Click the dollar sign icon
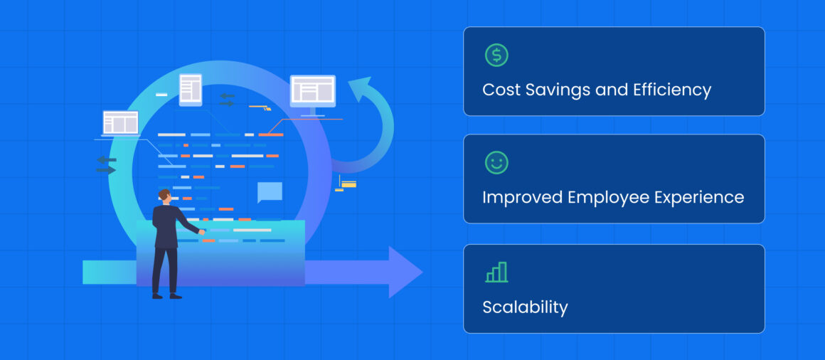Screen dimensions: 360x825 (496, 55)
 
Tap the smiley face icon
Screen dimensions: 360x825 (496, 163)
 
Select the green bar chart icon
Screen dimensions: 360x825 (496, 272)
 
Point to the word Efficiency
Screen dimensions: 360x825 (669, 90)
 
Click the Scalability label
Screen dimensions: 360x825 (525, 307)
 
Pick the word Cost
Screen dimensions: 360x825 (499, 90)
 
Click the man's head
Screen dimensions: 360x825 (164, 196)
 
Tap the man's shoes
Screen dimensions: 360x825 (166, 295)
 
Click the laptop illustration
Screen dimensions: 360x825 (120, 124)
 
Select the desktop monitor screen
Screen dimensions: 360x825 (313, 91)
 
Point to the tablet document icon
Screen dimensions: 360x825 (191, 90)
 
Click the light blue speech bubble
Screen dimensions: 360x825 (270, 192)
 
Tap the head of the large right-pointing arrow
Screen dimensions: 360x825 (405, 272)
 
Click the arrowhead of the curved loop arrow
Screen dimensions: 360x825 (361, 90)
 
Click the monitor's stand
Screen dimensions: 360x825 (313, 112)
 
